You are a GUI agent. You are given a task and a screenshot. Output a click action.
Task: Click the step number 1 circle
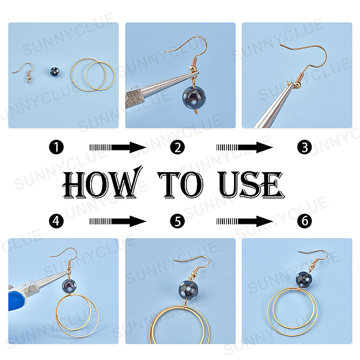tap(56, 147)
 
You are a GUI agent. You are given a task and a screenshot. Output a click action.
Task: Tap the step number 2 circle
tap(178, 147)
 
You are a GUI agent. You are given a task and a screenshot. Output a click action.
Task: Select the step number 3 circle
tap(304, 147)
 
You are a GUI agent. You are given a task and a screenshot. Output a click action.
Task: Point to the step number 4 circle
tap(56, 221)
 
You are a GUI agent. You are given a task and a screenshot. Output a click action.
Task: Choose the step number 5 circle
tap(178, 221)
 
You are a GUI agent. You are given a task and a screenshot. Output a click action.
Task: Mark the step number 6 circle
tap(304, 221)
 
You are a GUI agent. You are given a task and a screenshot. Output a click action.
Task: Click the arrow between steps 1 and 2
tap(118, 148)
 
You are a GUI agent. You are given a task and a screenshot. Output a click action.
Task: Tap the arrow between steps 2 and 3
tap(245, 148)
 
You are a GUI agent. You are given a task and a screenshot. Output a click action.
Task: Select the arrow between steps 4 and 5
tap(118, 221)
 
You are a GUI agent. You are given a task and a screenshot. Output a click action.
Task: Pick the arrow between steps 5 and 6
tap(245, 221)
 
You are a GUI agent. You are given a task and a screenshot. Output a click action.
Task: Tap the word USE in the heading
tap(251, 184)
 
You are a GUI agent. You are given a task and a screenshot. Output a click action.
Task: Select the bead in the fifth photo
tap(188, 290)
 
